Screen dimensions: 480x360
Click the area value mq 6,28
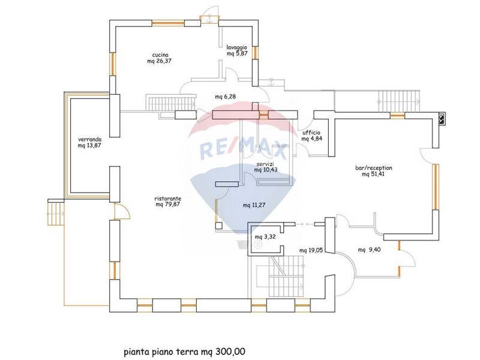pos(226,97)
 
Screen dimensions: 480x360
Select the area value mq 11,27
pos(254,205)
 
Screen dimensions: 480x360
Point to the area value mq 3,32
pos(265,237)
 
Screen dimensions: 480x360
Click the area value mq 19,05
pos(311,250)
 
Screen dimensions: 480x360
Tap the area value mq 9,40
pos(369,250)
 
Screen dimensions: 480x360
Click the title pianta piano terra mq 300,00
pos(184,352)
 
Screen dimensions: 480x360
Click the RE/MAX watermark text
pos(244,150)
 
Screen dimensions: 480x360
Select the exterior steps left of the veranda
pos(56,212)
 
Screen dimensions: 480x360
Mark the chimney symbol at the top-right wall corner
pos(442,119)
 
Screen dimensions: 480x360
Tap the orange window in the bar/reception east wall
pos(436,187)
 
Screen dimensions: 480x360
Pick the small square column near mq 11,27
pos(219,226)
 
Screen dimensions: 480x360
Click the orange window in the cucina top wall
pos(168,23)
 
